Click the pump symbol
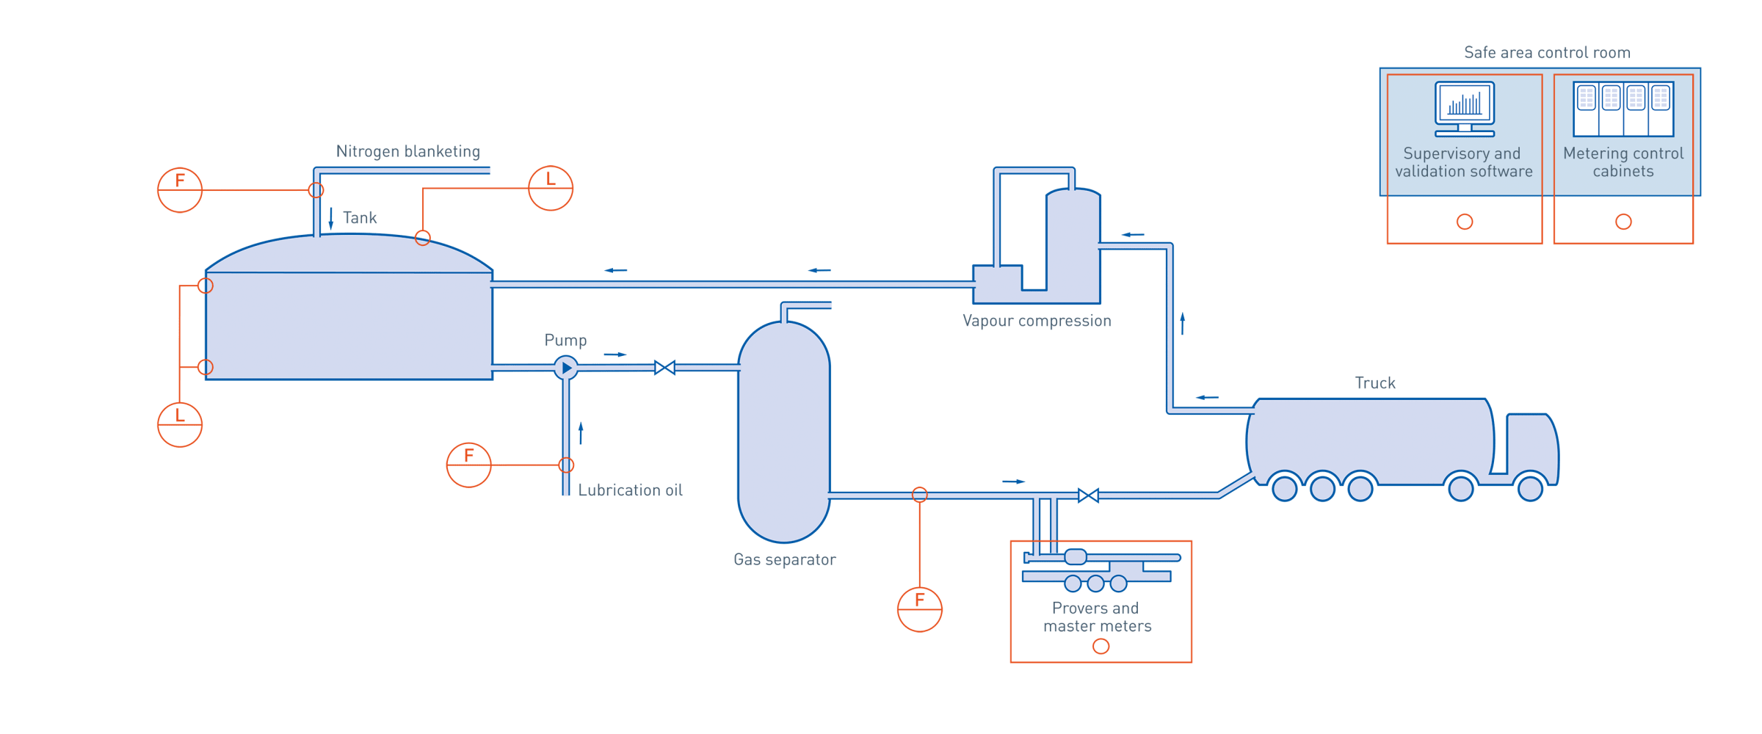tap(565, 368)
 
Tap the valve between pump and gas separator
tap(664, 368)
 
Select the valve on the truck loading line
tap(1088, 495)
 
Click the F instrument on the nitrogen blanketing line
tap(180, 190)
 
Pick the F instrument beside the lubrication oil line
tap(468, 465)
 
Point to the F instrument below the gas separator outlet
tap(919, 609)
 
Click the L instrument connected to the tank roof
tap(551, 189)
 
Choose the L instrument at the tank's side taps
tap(180, 424)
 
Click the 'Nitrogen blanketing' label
tap(408, 152)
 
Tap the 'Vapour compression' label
tap(1037, 321)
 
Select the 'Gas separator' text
tap(785, 560)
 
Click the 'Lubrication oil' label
tap(630, 490)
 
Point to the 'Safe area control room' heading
tap(1547, 53)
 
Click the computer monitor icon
tap(1465, 109)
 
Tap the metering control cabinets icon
tap(1623, 109)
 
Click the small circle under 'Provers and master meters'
tap(1101, 647)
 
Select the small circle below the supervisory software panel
tap(1465, 222)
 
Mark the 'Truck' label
tap(1375, 383)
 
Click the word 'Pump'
tap(565, 341)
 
